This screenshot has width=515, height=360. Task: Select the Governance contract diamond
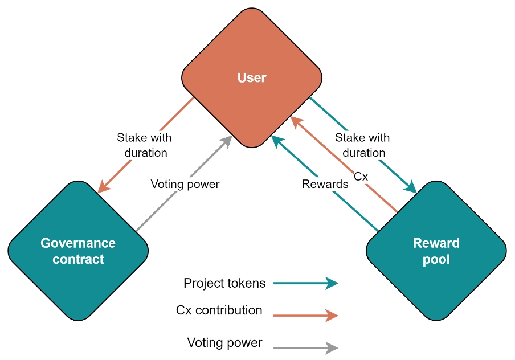[78, 251]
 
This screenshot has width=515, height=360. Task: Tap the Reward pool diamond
[436, 251]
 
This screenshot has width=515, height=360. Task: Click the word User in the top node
[251, 78]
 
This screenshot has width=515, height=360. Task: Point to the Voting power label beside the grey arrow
[185, 184]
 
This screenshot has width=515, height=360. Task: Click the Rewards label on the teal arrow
[325, 184]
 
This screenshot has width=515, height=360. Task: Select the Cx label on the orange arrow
[361, 177]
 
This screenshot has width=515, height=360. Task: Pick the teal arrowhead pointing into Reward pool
[411, 187]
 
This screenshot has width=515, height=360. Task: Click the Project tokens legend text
[224, 283]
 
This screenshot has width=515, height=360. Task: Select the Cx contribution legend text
[219, 310]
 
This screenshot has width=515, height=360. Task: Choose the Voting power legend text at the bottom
[224, 343]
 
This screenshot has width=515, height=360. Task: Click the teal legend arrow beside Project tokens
[306, 283]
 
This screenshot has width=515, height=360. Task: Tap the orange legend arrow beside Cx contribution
[306, 315]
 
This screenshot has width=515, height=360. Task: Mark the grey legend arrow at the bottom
[306, 347]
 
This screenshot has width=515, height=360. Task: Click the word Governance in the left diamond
[78, 243]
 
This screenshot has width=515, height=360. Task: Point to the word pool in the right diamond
[436, 260]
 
